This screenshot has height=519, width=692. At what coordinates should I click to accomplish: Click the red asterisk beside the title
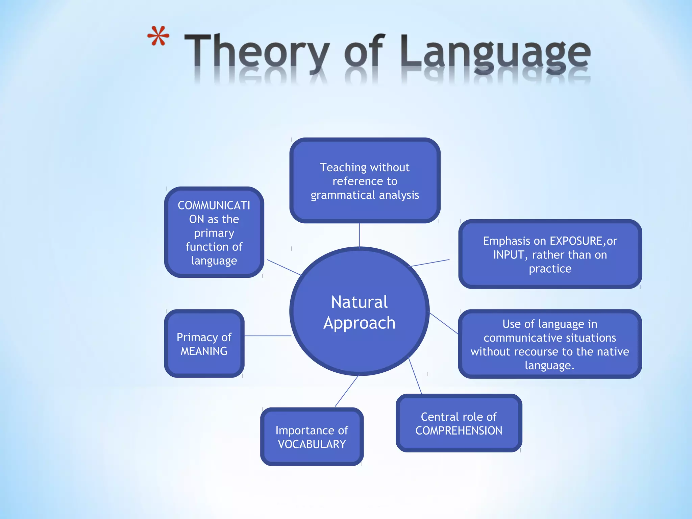click(158, 36)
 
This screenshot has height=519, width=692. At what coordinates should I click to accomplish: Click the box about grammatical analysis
click(365, 180)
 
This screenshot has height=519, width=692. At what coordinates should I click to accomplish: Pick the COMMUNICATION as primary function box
click(214, 232)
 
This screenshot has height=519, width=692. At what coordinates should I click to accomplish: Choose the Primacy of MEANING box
click(204, 344)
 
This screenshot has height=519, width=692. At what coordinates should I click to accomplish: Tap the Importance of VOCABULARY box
click(312, 437)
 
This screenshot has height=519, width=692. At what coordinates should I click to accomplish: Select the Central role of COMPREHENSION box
click(459, 423)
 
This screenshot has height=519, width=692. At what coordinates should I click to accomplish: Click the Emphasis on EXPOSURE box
click(550, 254)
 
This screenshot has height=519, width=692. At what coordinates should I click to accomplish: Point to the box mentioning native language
click(550, 344)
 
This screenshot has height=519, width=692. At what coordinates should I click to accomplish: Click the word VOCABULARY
click(312, 444)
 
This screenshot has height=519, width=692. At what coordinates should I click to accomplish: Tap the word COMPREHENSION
click(459, 430)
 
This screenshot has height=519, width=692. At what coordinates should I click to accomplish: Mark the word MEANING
click(204, 351)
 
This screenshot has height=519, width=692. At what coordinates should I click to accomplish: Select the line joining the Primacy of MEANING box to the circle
click(268, 336)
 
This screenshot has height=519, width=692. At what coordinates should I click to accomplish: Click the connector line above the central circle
click(360, 235)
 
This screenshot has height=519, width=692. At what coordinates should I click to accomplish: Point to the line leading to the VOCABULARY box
click(346, 391)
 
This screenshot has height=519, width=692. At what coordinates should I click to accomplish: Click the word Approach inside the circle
click(359, 323)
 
